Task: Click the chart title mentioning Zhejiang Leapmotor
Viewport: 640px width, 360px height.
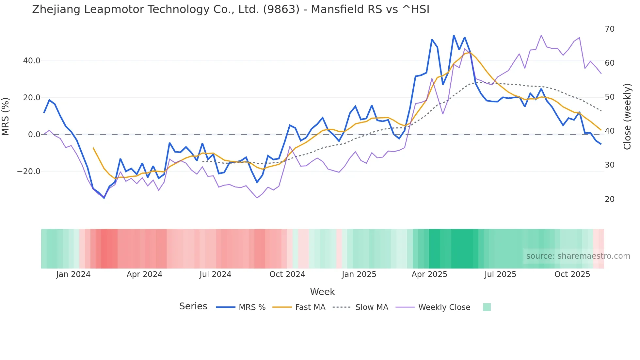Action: point(231,9)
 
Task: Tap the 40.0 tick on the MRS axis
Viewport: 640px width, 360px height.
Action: point(32,61)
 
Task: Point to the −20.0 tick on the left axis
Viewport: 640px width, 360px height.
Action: point(29,172)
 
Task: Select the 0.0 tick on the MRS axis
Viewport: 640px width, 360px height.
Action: point(34,135)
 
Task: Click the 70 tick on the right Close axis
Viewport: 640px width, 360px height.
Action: point(609,29)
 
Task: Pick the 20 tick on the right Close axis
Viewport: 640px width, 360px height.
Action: point(609,199)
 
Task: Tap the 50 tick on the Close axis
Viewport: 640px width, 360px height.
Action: point(609,97)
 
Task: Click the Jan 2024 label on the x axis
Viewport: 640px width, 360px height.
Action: point(73,274)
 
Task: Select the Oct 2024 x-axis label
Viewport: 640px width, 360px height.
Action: point(287,274)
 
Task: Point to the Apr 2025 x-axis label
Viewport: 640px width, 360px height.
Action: point(429,274)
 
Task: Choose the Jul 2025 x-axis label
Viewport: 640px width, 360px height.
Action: point(500,274)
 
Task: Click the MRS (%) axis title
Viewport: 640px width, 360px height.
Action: point(6,116)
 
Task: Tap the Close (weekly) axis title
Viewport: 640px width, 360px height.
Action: point(627,116)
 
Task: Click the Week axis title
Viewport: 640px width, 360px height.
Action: point(322,292)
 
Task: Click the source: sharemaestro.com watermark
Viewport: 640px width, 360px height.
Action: point(578,256)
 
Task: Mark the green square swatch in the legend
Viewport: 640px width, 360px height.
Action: point(487,307)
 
